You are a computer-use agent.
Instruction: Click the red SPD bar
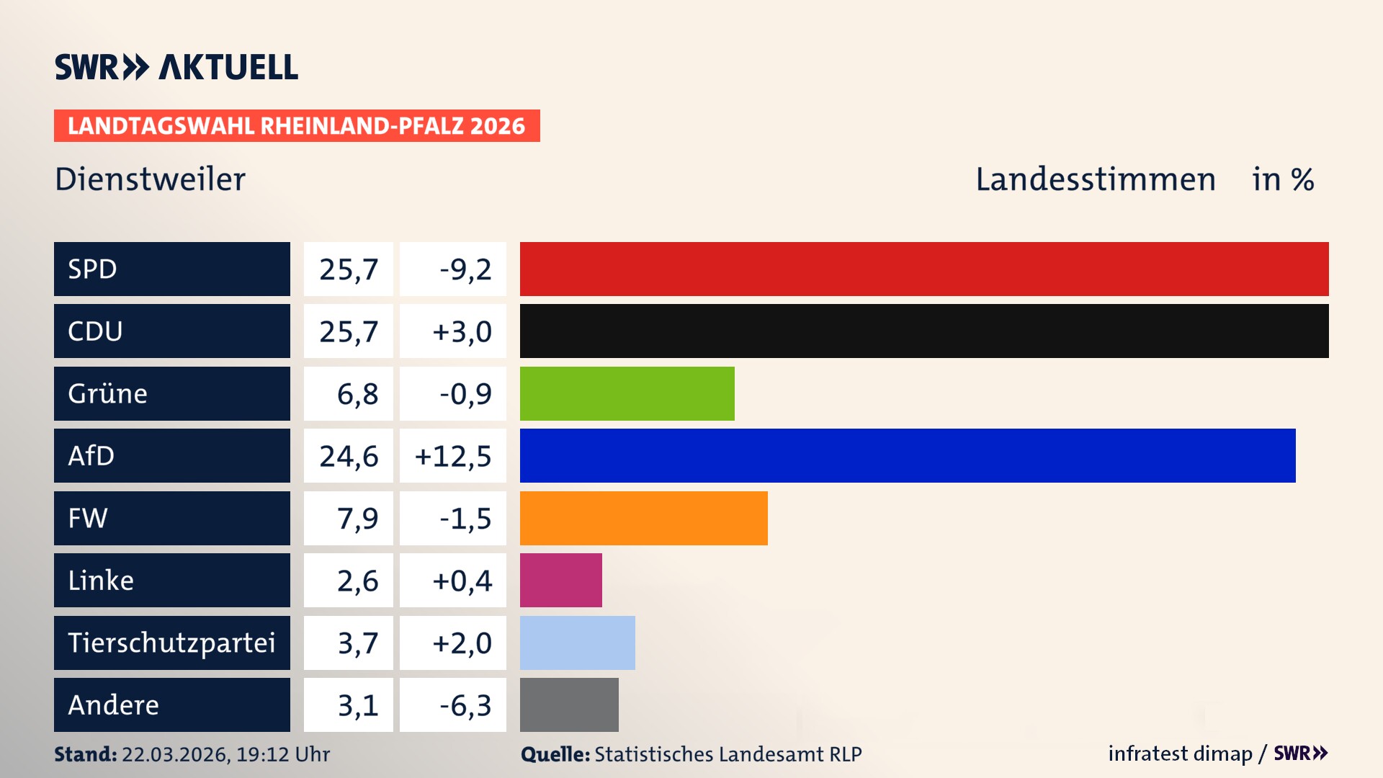point(924,269)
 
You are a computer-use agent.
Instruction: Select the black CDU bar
point(924,331)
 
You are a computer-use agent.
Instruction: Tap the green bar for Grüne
point(627,393)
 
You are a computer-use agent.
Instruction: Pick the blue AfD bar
point(908,455)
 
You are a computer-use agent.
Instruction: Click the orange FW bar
point(643,518)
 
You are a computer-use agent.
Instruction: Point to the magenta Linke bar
point(560,580)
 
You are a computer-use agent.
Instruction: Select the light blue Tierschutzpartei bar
point(577,643)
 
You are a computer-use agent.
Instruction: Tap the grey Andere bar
point(569,705)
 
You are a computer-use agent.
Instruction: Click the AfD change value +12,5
point(453,456)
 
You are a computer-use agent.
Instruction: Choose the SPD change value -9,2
point(465,269)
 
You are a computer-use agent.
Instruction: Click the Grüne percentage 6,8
point(357,394)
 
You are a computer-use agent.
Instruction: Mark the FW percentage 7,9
point(357,519)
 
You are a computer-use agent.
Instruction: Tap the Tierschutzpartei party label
point(171,643)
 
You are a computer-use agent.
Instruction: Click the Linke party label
point(101,581)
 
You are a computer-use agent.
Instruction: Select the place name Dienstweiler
point(150,179)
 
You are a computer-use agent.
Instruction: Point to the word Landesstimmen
point(1095,179)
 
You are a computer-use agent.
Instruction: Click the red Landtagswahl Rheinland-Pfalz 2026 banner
point(297,126)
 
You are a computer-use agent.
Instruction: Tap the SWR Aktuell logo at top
point(176,67)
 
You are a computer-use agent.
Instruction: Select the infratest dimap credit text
point(1180,754)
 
